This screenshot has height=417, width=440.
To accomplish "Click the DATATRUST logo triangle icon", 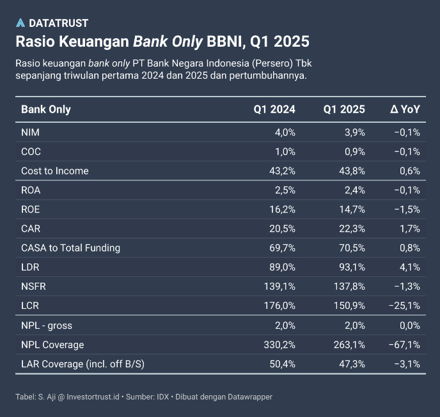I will (20, 23).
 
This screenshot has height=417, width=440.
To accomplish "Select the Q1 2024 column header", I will (274, 109).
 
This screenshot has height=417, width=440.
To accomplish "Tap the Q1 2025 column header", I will (344, 109).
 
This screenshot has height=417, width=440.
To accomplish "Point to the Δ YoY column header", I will (405, 109).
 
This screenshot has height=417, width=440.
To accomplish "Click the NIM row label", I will (30, 132).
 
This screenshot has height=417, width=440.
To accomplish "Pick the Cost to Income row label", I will (55, 171).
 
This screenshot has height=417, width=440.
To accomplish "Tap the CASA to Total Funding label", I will (70, 248).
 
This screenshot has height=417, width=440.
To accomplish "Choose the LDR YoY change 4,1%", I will (409, 267).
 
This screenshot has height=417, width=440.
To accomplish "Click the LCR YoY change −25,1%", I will (404, 306).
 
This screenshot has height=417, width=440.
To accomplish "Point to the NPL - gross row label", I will (47, 326).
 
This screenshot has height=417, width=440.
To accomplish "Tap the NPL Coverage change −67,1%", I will (404, 345).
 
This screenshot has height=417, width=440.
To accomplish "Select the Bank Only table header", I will (46, 109).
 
